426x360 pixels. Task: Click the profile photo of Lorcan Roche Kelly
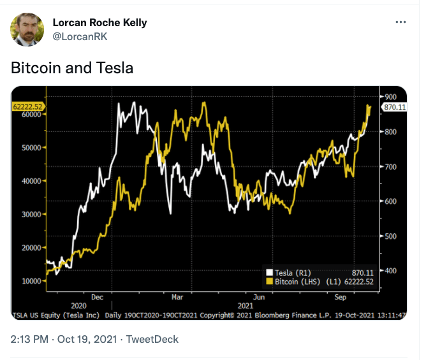tap(27, 29)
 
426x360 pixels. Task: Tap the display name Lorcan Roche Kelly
tap(99, 22)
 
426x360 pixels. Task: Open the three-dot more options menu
tap(400, 22)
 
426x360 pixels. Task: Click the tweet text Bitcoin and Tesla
tap(72, 68)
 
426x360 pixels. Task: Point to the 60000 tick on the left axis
tap(31, 115)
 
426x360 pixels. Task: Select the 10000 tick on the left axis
tap(31, 281)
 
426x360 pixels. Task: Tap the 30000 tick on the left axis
tap(31, 214)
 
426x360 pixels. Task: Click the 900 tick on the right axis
tap(390, 96)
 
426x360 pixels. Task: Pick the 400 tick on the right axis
tap(390, 271)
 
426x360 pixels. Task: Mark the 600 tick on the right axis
tap(390, 201)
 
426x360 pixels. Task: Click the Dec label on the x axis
tap(97, 297)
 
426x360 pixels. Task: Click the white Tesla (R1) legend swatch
tap(270, 272)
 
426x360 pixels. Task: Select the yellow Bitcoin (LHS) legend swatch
tap(270, 281)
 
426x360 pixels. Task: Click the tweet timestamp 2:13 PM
tap(30, 340)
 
